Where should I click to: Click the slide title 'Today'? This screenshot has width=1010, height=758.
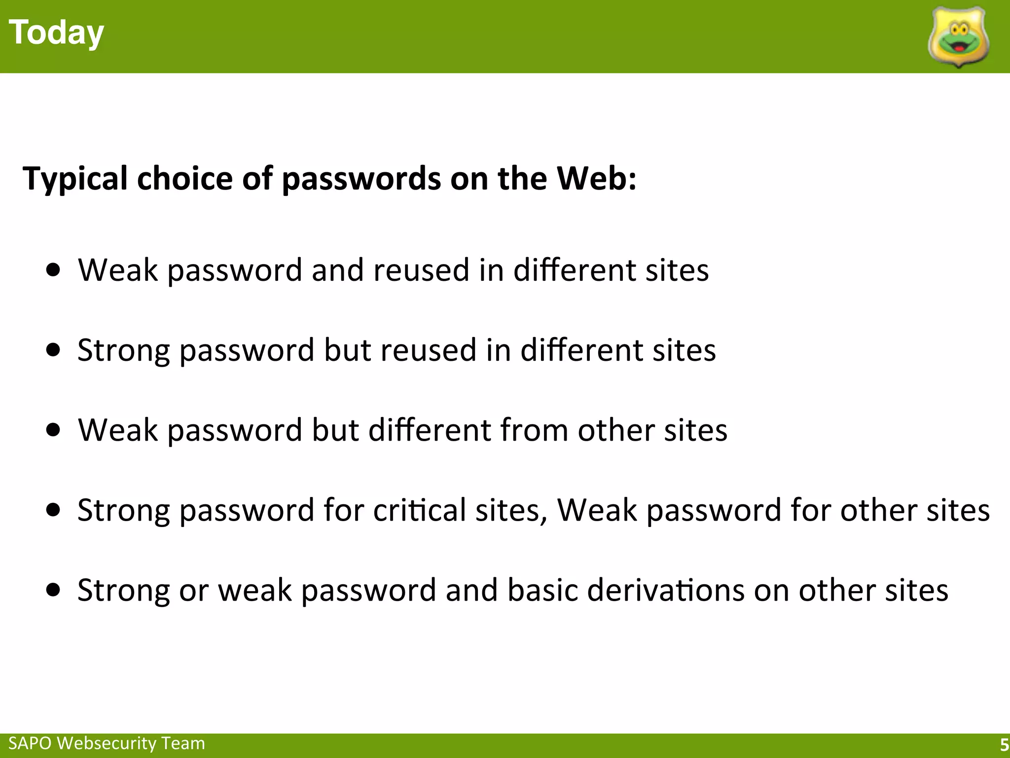pos(56,33)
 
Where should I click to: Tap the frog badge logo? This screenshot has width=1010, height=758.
pos(959,38)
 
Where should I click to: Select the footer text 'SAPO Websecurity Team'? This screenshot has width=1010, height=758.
pos(107,743)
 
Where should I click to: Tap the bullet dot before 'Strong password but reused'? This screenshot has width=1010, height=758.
pos(53,350)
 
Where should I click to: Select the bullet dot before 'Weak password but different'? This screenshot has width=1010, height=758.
pos(53,430)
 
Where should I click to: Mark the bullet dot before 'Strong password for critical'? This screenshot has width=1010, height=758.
pos(53,509)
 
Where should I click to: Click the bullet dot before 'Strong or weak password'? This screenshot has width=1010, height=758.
pos(53,589)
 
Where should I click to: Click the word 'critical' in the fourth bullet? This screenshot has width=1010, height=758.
pos(419,510)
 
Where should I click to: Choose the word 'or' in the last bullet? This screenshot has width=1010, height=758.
pos(193,590)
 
